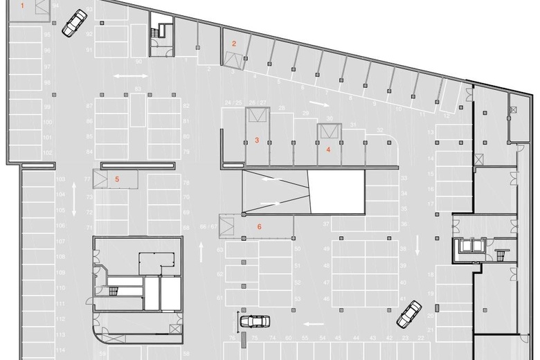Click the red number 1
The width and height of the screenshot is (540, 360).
click(x=23, y=6)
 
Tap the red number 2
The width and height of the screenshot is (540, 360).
click(x=234, y=44)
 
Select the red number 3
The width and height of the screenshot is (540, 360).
click(x=257, y=141)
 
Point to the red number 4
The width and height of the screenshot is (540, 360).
click(x=328, y=148)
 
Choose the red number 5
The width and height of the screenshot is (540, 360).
click(x=117, y=179)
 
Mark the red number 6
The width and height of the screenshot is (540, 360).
click(x=259, y=226)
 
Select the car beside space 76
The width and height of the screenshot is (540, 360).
click(x=254, y=321)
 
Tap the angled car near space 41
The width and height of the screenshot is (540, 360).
click(x=409, y=313)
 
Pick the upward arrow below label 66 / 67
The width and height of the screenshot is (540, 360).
click(x=202, y=248)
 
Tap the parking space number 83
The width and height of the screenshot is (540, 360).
click(x=138, y=89)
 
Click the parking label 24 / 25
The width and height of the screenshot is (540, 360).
click(x=233, y=102)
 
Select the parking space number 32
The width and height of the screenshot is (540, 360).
click(x=380, y=130)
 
